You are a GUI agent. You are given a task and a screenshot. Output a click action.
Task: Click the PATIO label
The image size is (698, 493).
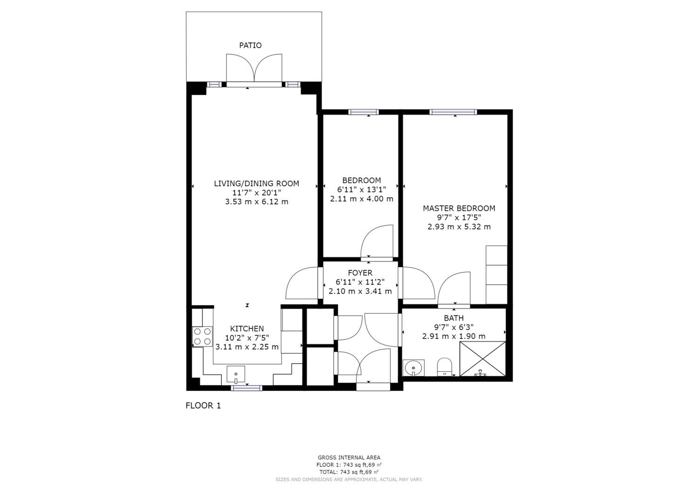click(250, 45)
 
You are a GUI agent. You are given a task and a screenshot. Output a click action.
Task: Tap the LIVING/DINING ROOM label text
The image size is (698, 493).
click(257, 184)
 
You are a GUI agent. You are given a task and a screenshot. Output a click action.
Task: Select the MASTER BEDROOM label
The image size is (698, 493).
click(459, 208)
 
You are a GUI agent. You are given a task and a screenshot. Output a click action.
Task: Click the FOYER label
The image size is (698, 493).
click(360, 273)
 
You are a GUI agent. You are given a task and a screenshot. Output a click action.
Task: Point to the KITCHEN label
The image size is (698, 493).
click(247, 329)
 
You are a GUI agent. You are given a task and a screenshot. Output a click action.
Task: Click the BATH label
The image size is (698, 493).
click(454, 318)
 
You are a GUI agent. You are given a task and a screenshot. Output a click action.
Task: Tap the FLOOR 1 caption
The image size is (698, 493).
click(203, 406)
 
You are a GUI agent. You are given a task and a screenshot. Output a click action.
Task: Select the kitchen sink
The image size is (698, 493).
click(236, 374)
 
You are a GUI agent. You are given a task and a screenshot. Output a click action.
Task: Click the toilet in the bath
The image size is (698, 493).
click(444, 367)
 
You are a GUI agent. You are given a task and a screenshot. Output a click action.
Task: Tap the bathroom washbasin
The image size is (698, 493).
click(413, 368)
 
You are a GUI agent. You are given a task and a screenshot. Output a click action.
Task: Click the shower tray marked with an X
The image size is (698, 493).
click(482, 359)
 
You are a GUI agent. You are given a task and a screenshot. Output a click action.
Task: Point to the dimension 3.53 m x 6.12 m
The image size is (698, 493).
click(257, 202)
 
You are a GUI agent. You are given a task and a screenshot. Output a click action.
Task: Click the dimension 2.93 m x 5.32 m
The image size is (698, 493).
click(459, 227)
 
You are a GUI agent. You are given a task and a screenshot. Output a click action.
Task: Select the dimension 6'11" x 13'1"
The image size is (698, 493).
click(362, 190)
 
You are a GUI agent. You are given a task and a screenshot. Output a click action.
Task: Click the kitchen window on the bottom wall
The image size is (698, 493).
click(246, 388)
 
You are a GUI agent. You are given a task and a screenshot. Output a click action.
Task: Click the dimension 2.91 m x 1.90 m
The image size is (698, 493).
click(454, 337)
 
